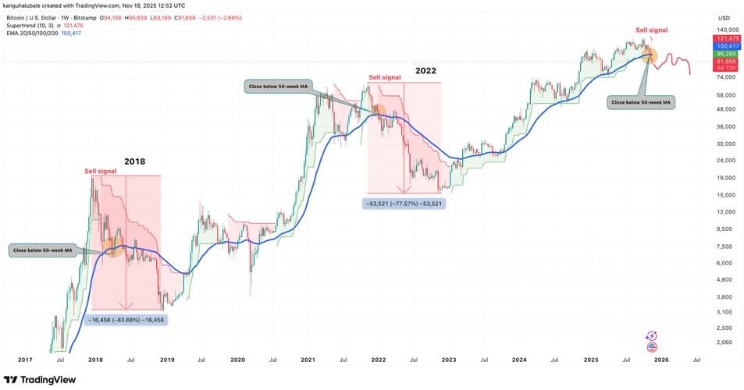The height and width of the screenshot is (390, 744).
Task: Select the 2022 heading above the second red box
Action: pyautogui.click(x=425, y=70)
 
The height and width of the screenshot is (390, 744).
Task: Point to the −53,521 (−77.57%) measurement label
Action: pyautogui.click(x=403, y=204)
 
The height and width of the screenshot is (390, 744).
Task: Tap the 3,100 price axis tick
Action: pyautogui.click(x=725, y=312)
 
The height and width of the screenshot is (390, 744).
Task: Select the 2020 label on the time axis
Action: pyautogui.click(x=238, y=360)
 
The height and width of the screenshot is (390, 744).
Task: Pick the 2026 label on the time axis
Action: pyautogui.click(x=660, y=360)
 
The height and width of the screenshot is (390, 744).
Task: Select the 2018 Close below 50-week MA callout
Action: pyautogui.click(x=41, y=250)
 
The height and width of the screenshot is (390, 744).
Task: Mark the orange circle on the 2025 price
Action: pyautogui.click(x=650, y=56)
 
